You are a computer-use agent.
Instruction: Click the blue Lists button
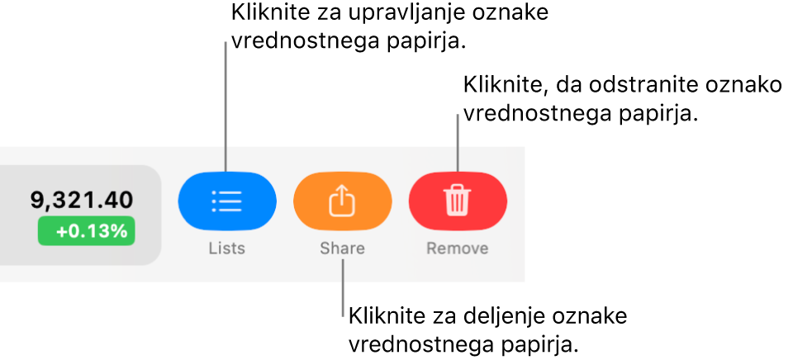click(227, 201)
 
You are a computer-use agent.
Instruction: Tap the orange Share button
click(342, 201)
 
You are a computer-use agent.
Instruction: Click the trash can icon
click(457, 201)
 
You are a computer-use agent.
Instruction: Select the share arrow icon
click(342, 200)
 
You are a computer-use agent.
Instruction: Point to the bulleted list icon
click(227, 201)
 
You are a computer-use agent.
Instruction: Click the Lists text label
click(227, 249)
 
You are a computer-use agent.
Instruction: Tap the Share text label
click(342, 249)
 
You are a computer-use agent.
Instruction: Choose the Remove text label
click(457, 249)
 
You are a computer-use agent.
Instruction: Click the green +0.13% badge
click(87, 231)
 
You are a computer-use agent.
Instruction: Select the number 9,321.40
click(83, 201)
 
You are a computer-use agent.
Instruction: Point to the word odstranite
click(624, 84)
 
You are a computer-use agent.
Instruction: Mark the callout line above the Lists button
click(226, 107)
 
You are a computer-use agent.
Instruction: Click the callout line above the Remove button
click(458, 143)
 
